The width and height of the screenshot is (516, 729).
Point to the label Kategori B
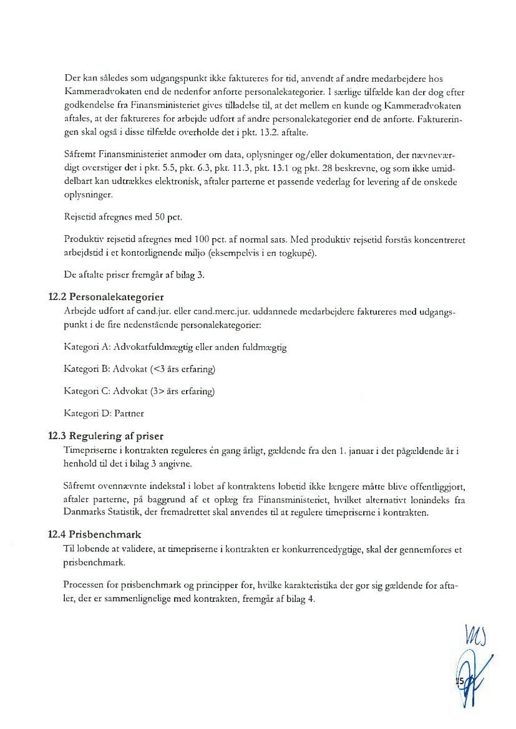86,369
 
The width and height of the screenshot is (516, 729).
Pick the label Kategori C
86,392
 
